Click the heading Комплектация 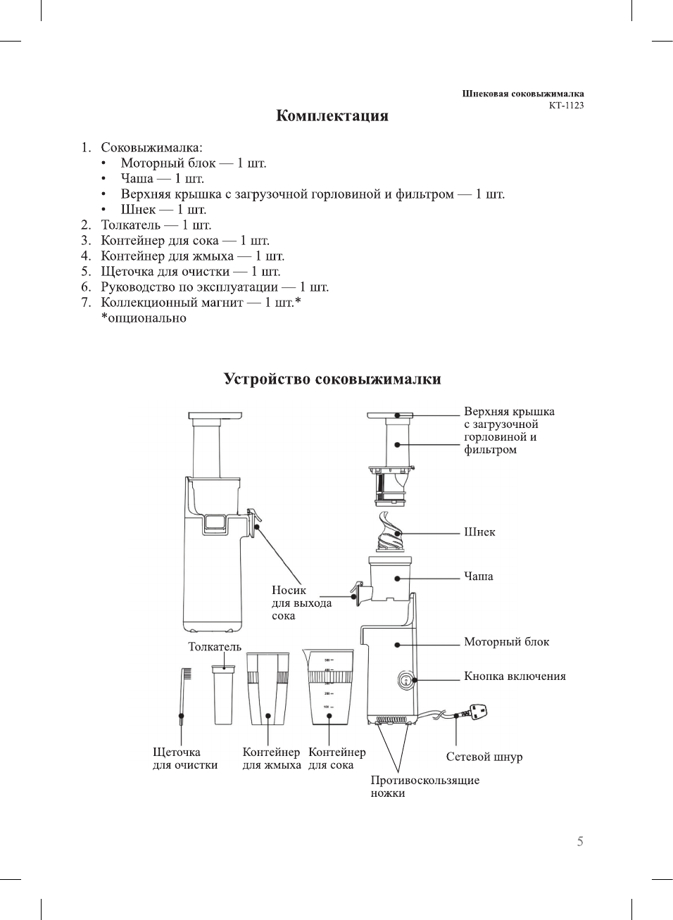point(332,116)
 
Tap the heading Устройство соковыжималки point(332,379)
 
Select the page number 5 point(580,841)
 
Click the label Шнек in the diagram point(479,532)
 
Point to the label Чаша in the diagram point(478,576)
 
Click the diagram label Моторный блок point(506,642)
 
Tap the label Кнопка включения point(515,676)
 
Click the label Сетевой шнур point(484,757)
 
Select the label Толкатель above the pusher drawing point(214,647)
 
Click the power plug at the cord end point(477,712)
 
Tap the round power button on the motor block point(407,680)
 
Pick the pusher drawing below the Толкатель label point(223,695)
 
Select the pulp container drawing point(268,690)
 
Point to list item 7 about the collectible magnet point(201,303)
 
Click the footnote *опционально point(144,318)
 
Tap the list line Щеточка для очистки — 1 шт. point(190,272)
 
